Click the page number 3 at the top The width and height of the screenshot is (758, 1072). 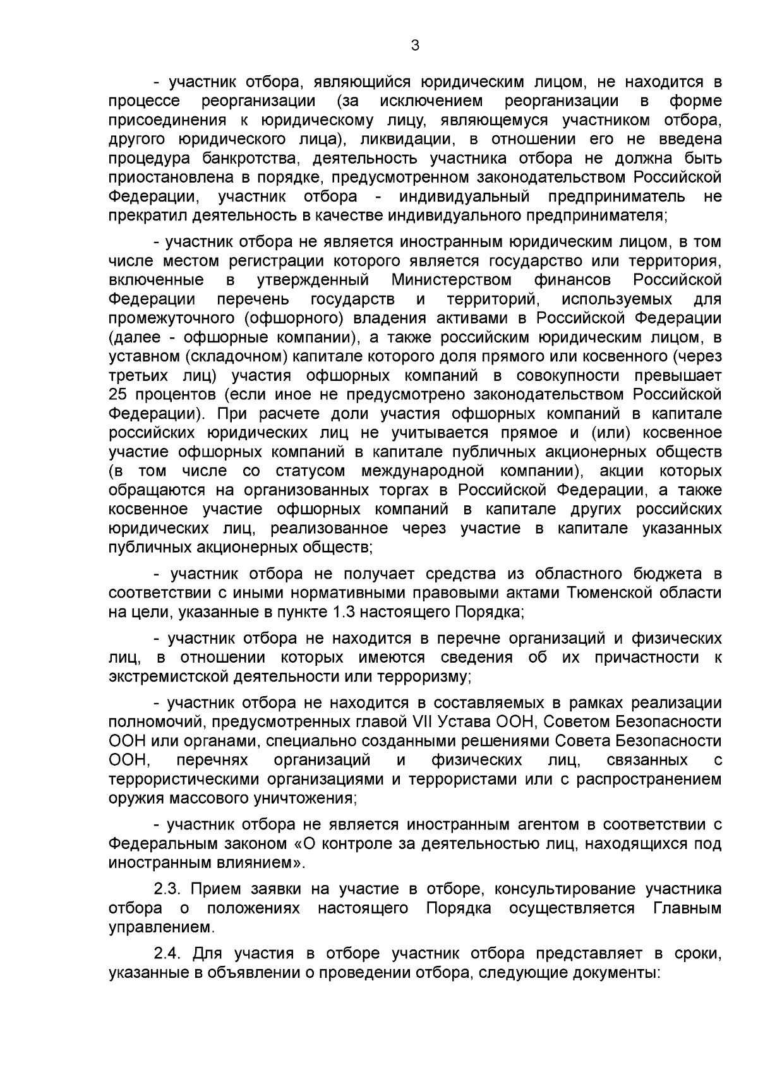(414, 45)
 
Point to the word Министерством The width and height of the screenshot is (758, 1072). (452, 279)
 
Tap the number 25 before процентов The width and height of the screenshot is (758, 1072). (119, 394)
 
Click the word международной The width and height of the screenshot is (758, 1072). (423, 471)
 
